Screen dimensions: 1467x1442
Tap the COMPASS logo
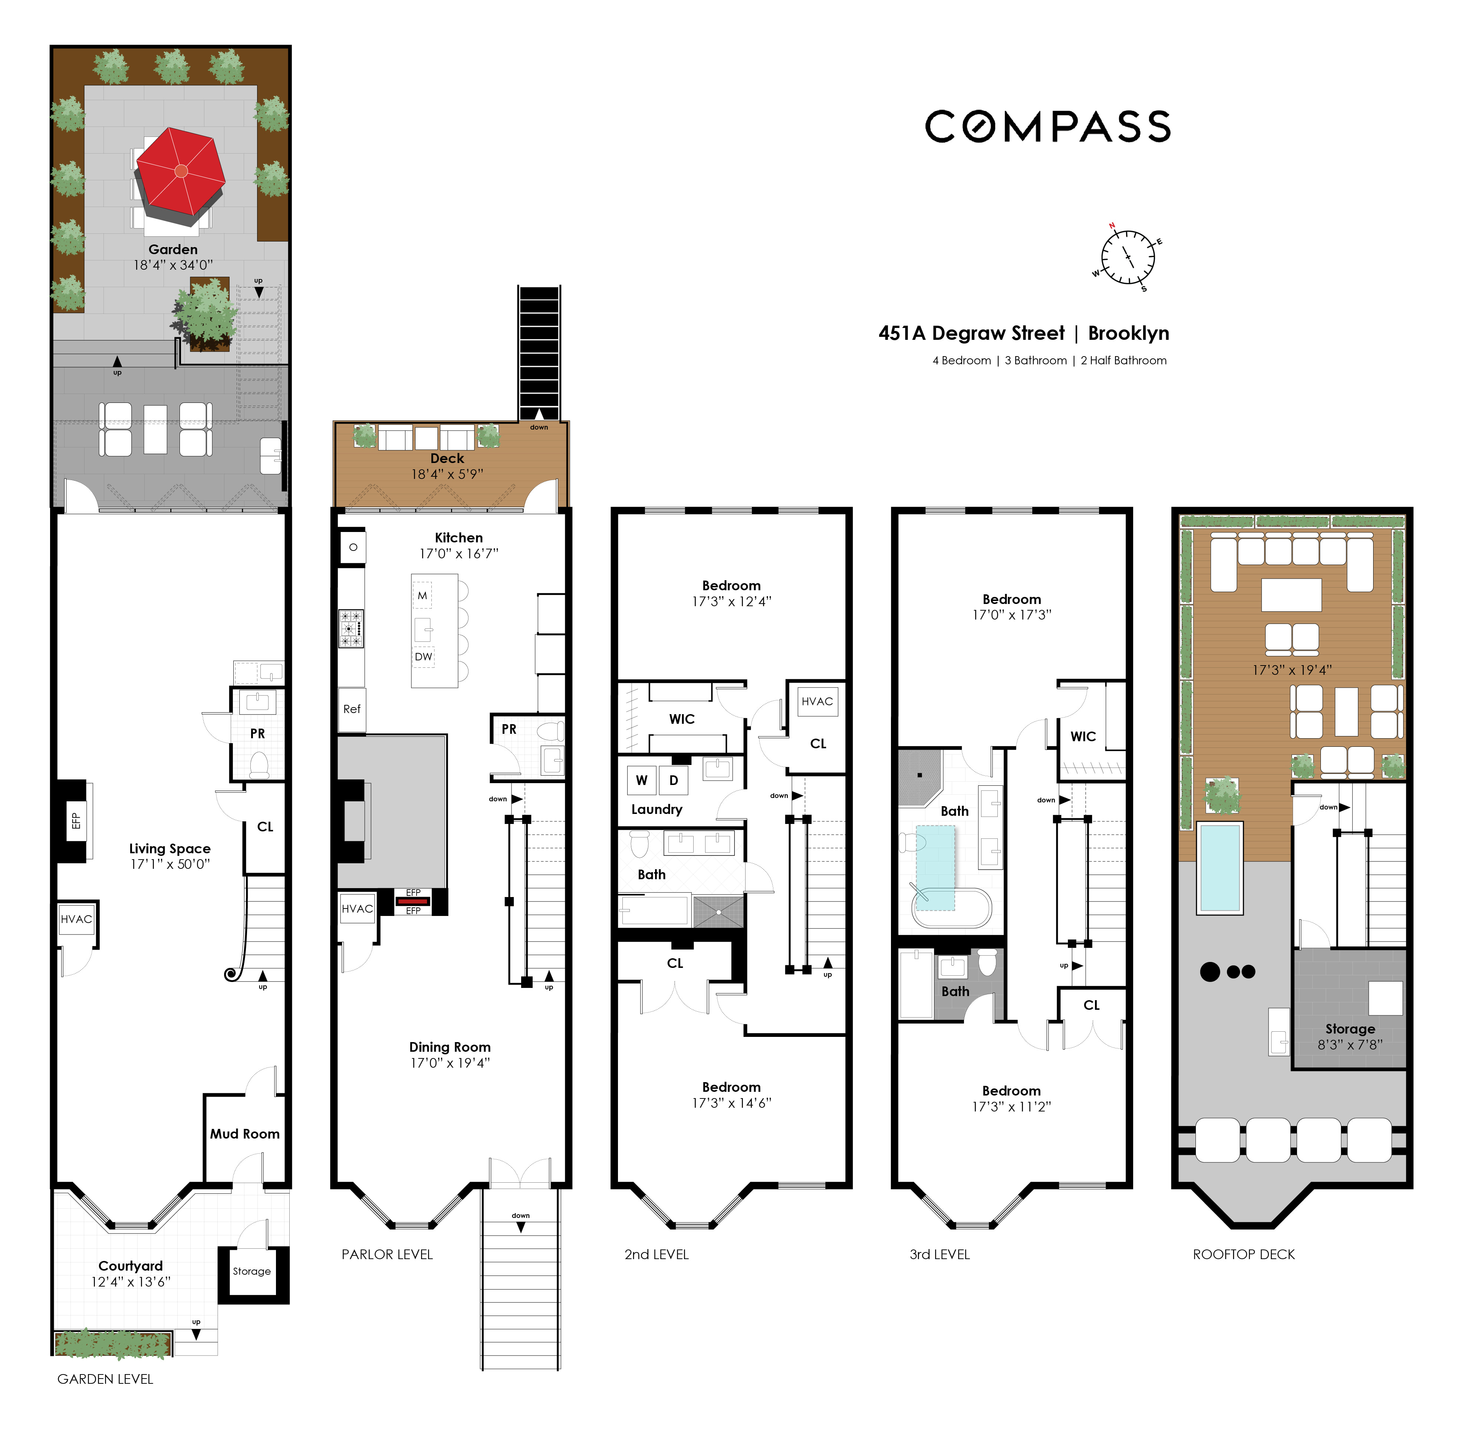coord(1047,127)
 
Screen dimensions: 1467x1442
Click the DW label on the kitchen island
coord(423,657)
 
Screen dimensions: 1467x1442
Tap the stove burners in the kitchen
coord(351,628)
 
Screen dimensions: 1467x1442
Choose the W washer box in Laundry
coord(641,780)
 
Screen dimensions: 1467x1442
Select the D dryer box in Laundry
coord(673,780)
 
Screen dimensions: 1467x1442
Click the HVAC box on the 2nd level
coord(817,701)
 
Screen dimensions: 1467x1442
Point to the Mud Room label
coord(245,1134)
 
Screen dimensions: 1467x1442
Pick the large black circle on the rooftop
coord(1210,972)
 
